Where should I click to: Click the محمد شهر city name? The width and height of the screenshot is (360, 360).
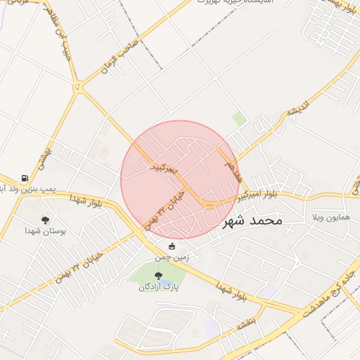pos(251,221)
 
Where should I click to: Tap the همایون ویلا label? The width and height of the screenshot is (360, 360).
pos(330,218)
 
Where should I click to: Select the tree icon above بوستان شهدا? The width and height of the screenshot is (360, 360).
pos(46,219)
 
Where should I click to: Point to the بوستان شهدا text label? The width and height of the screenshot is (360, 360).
pos(45,231)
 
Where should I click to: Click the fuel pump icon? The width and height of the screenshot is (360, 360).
pos(25,178)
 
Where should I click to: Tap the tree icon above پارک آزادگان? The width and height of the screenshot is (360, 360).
pos(157,276)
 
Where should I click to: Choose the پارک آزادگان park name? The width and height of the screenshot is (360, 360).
pos(157,287)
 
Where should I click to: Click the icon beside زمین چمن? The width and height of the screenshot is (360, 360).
pos(172,246)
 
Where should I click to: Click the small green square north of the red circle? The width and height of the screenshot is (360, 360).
pos(239,120)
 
